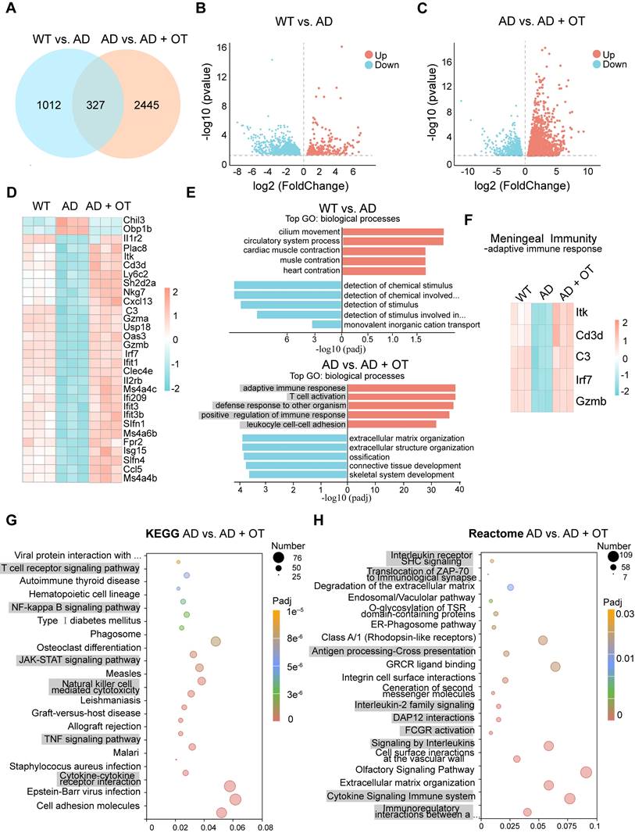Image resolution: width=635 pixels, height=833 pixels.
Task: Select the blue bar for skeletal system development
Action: [295, 474]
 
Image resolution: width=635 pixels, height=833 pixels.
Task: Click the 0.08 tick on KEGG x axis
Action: [266, 824]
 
